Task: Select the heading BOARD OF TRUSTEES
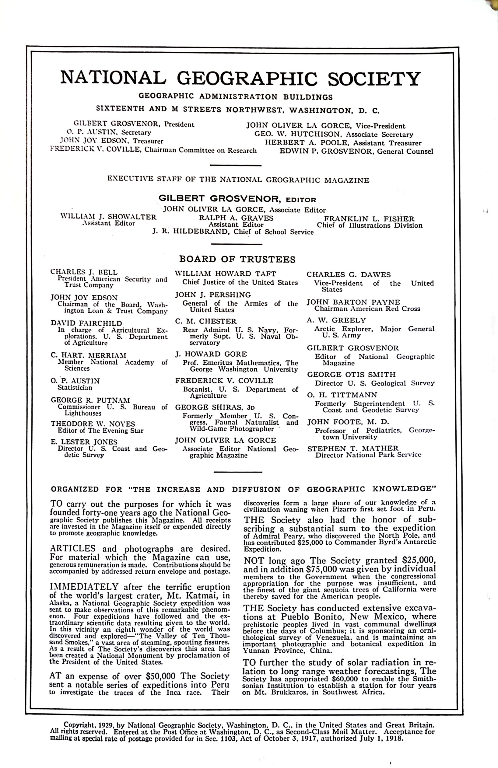[237, 259]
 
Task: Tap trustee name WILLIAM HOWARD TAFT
[225, 274]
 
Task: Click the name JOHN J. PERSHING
[213, 295]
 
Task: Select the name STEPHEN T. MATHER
[353, 448]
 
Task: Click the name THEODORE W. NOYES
[93, 424]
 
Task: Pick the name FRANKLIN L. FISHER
[369, 218]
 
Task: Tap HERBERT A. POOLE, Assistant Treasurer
[343, 143]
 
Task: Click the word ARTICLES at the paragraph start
[73, 548]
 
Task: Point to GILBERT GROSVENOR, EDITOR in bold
[237, 199]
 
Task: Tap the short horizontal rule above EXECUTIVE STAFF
[235, 166]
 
